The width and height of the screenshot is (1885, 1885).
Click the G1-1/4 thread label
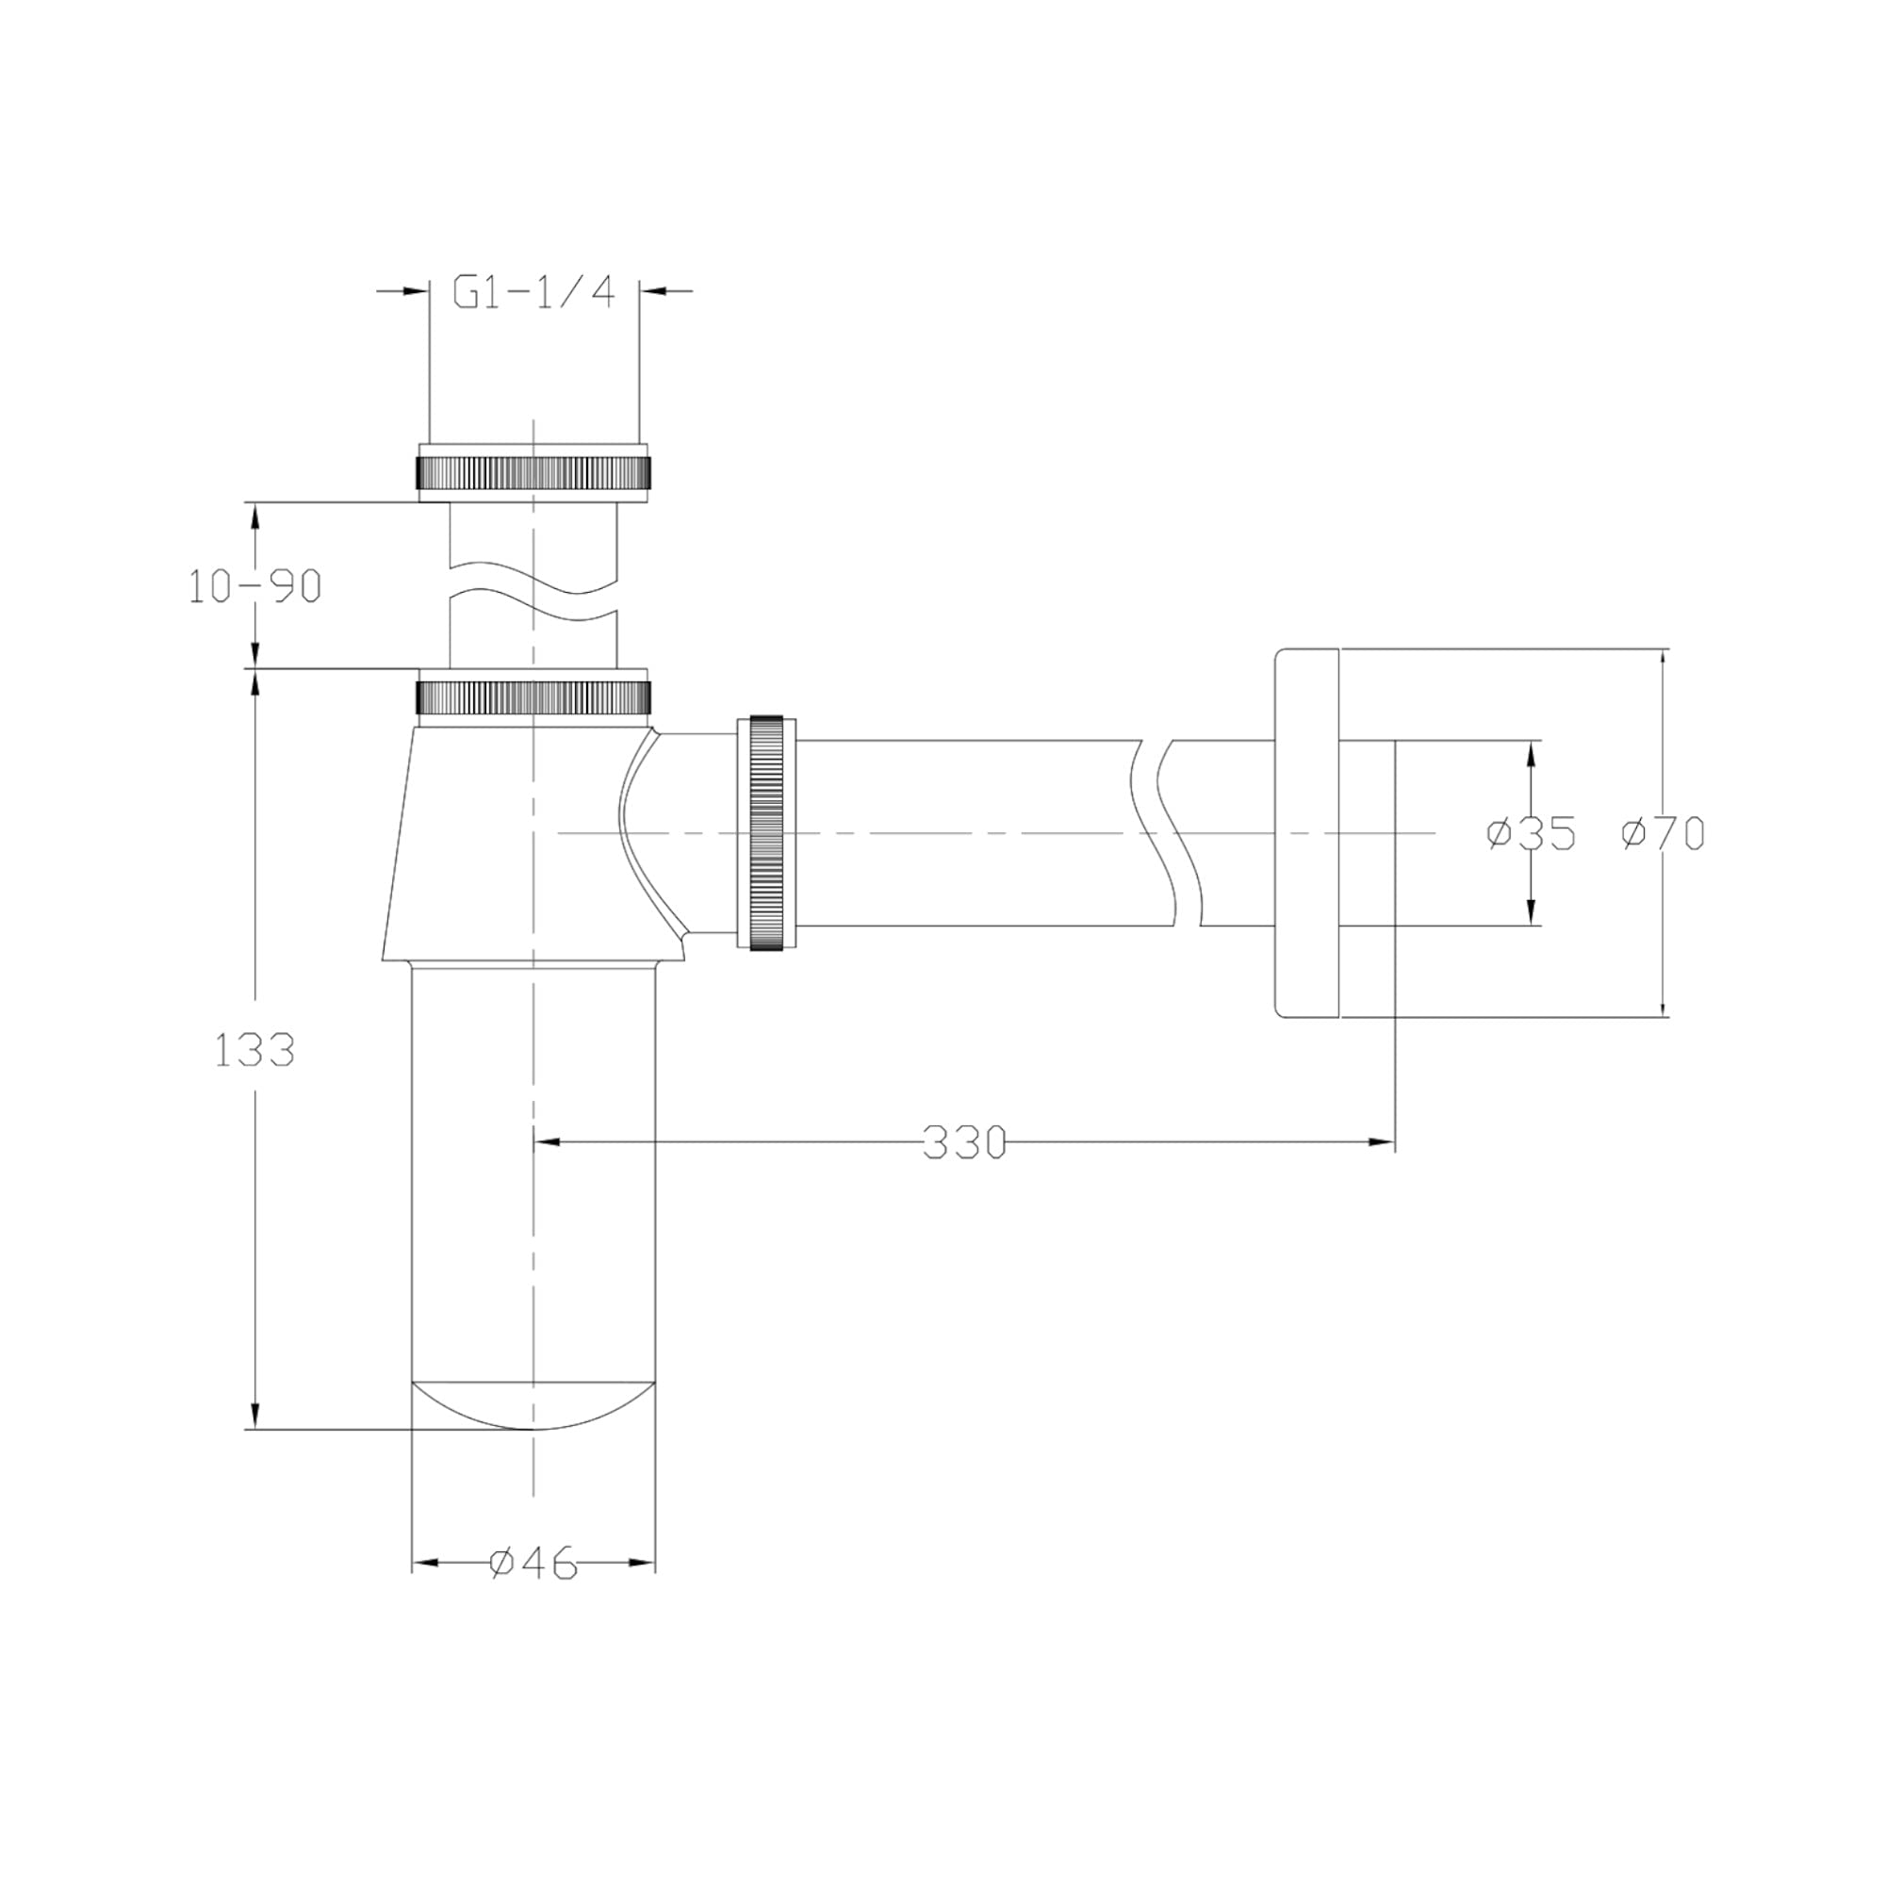(533, 292)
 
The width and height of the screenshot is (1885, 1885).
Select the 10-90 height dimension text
(254, 586)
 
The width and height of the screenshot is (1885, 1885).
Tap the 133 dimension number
(254, 1051)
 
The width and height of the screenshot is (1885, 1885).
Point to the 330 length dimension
(964, 1142)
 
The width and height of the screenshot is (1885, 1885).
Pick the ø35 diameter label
(1531, 833)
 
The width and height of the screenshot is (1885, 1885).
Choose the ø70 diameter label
(1664, 833)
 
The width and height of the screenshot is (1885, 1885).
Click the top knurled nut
(533, 473)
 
